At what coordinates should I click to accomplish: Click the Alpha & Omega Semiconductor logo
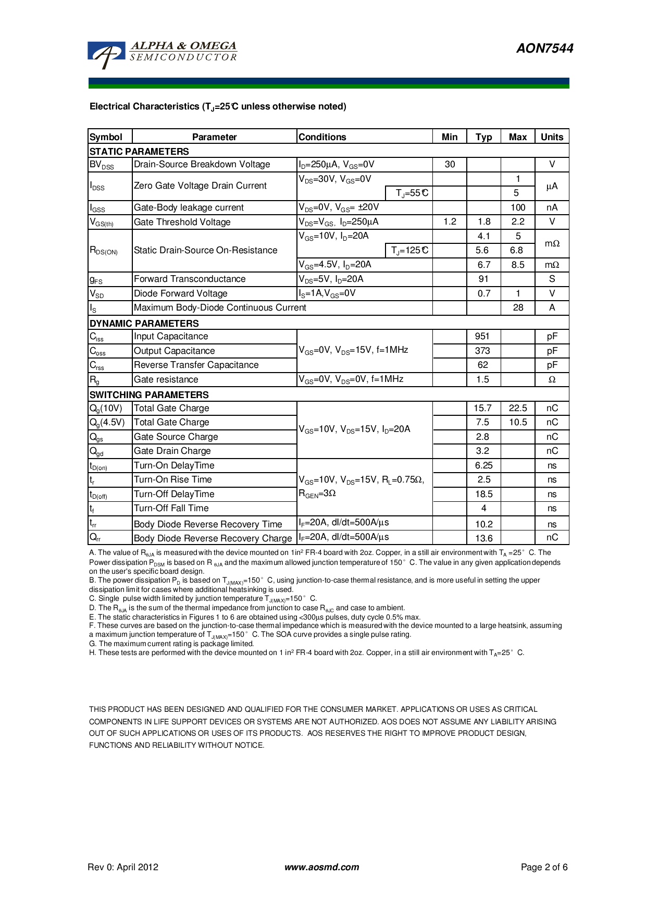pyautogui.click(x=163, y=54)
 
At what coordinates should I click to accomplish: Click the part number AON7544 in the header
pyautogui.click(x=544, y=48)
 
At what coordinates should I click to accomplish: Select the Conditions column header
pyautogui.click(x=322, y=137)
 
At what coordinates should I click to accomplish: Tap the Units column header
pyautogui.click(x=552, y=137)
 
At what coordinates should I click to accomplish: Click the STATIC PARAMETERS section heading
pyautogui.click(x=139, y=152)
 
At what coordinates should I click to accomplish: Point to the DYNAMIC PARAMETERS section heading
pyautogui.click(x=144, y=323)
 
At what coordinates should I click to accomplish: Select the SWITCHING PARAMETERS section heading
pyautogui.click(x=149, y=395)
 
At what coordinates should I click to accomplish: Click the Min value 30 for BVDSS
pyautogui.click(x=450, y=165)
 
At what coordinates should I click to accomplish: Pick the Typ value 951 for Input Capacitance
pyautogui.click(x=482, y=337)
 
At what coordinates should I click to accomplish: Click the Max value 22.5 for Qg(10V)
pyautogui.click(x=517, y=408)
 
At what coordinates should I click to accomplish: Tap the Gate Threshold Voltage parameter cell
pyautogui.click(x=182, y=222)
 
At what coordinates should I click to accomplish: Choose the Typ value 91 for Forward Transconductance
pyautogui.click(x=483, y=279)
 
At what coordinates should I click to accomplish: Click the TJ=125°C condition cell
pyautogui.click(x=409, y=251)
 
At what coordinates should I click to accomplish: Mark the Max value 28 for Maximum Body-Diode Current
pyautogui.click(x=517, y=308)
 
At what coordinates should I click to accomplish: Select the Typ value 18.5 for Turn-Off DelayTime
pyautogui.click(x=483, y=494)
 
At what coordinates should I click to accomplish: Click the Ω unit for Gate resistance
pyautogui.click(x=552, y=380)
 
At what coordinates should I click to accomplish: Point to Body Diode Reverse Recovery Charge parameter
pyautogui.click(x=213, y=538)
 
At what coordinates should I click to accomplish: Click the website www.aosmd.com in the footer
pyautogui.click(x=321, y=868)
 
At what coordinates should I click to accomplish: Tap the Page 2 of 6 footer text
pyautogui.click(x=544, y=868)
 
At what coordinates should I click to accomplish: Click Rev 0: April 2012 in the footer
pyautogui.click(x=123, y=868)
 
